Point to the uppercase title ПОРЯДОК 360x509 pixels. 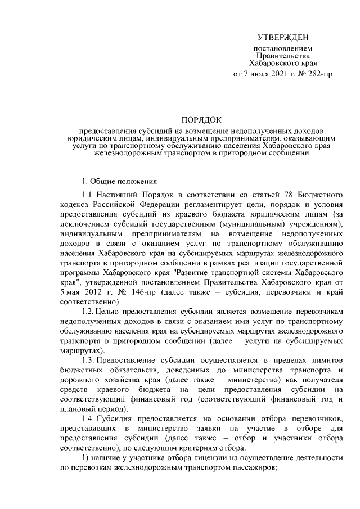point(202,119)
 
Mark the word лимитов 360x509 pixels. point(327,359)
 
